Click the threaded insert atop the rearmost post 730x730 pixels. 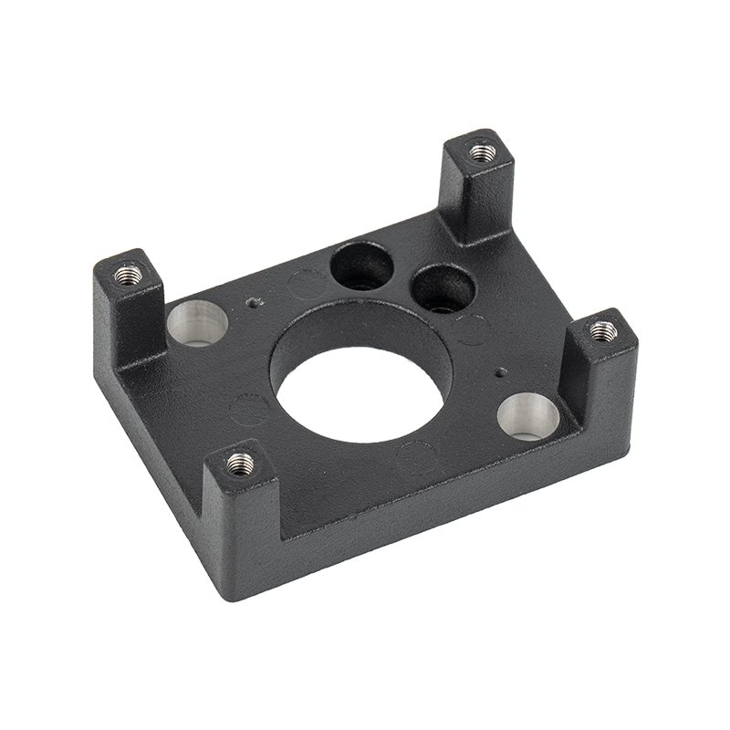480,150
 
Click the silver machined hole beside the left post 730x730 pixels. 198,324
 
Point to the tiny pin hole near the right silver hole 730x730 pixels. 498,372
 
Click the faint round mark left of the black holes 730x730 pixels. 305,286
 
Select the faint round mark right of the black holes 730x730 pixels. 472,329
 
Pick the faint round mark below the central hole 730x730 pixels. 416,454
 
